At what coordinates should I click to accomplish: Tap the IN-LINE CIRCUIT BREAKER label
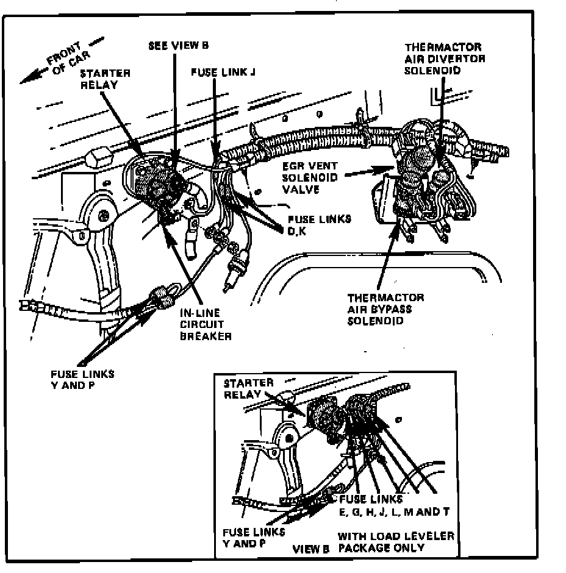206,325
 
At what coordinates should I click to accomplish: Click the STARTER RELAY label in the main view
105,79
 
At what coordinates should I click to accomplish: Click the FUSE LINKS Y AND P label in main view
83,379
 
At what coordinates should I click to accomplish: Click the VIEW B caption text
311,548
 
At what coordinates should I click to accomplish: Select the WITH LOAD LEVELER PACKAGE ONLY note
396,542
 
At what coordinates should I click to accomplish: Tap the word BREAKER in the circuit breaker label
206,336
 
